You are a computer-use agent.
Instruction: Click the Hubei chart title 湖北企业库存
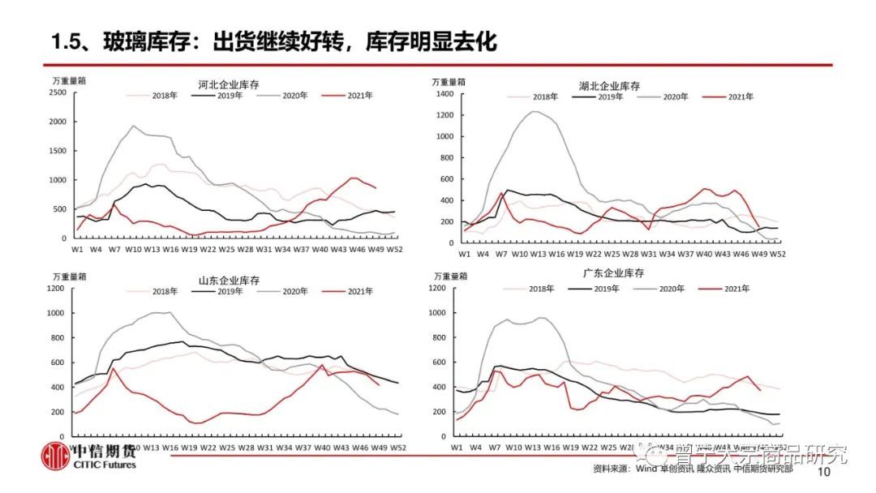(609, 86)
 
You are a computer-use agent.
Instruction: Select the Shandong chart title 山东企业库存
(229, 281)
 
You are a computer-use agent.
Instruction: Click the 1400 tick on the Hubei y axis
(444, 94)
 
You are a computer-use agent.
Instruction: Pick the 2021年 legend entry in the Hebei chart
(348, 95)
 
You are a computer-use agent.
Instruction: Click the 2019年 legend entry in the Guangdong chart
(598, 289)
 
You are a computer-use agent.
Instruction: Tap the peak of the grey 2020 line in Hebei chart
(133, 126)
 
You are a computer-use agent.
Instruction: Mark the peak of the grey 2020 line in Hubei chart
(535, 111)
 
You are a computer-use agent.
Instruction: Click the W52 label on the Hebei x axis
(394, 249)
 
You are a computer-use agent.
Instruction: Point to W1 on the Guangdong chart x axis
(456, 446)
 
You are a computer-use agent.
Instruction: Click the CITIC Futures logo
(89, 457)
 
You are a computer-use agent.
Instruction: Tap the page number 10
(827, 472)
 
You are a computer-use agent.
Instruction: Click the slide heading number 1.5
(67, 41)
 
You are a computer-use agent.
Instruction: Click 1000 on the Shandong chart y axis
(58, 313)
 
